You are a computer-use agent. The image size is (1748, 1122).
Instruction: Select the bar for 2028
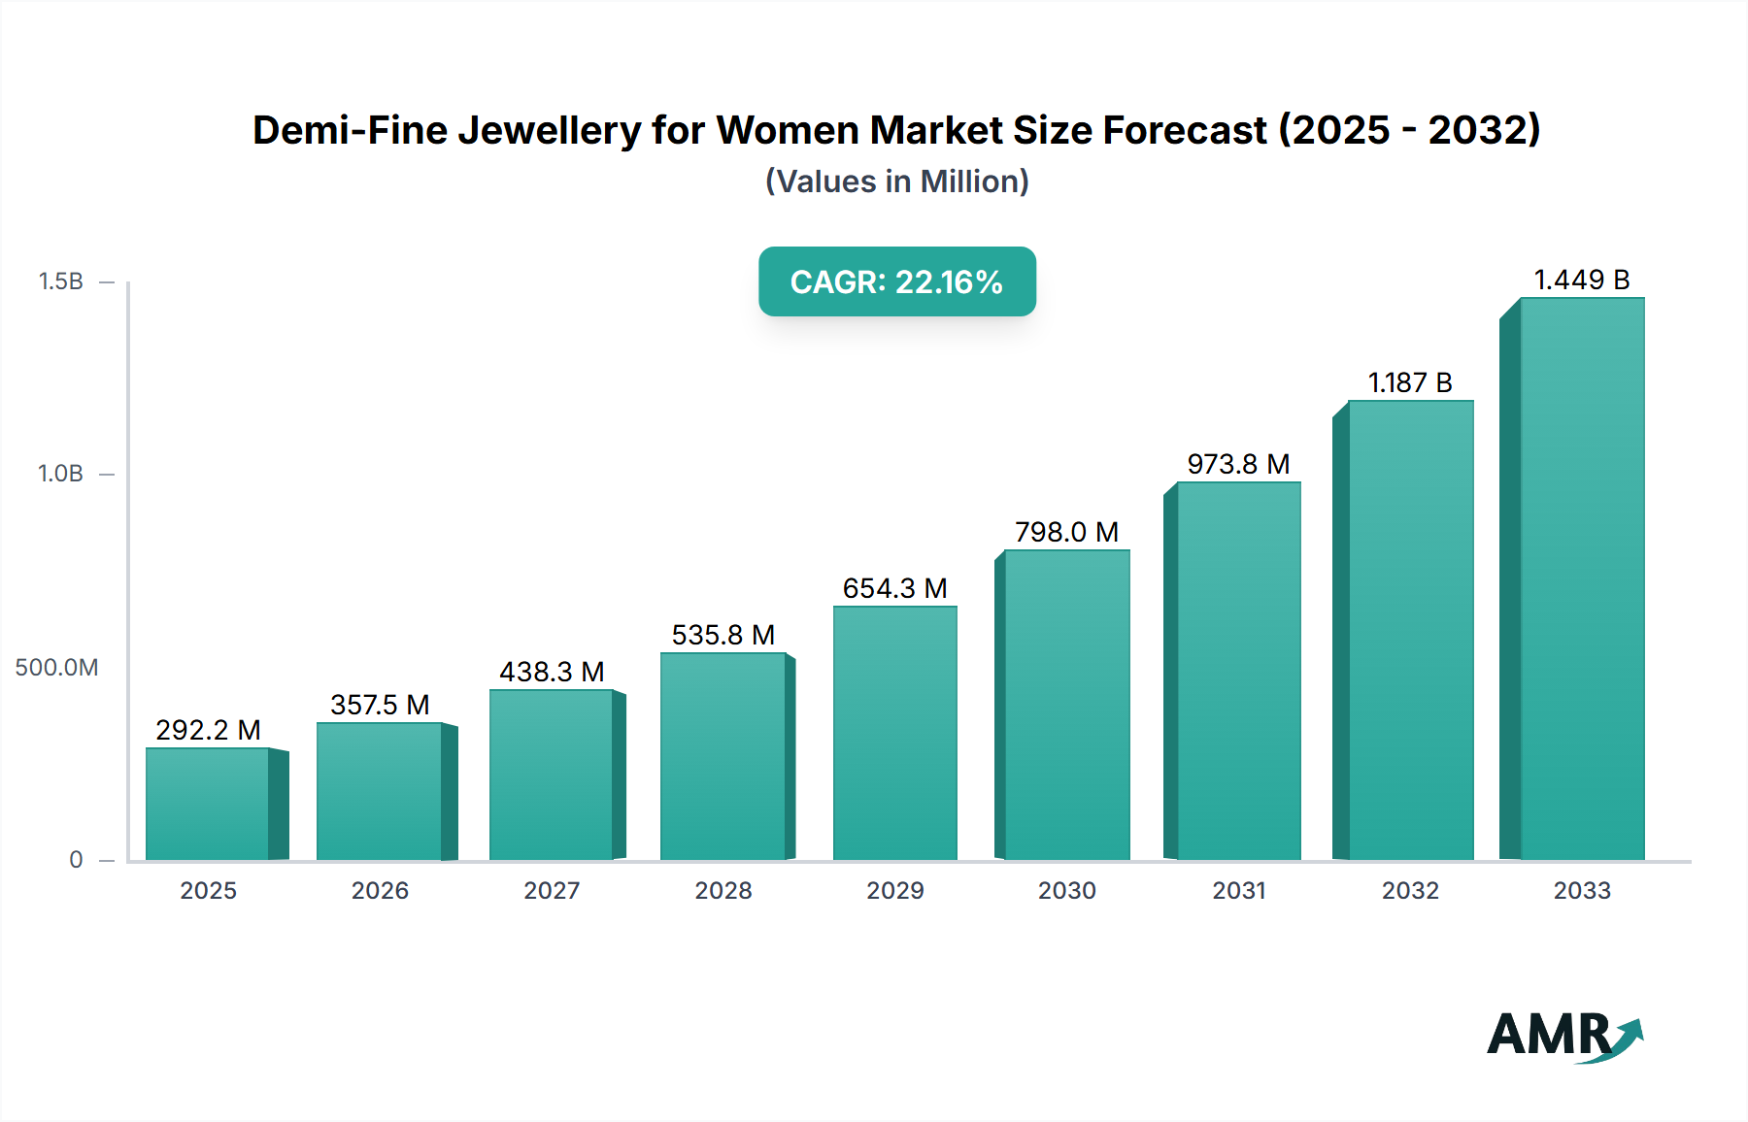pos(723,756)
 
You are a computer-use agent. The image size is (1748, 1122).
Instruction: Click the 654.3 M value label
pos(894,588)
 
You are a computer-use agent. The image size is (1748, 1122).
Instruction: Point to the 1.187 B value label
pos(1410,382)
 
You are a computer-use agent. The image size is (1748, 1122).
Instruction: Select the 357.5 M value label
pos(380,705)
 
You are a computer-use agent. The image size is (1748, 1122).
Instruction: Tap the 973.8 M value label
pos(1238,464)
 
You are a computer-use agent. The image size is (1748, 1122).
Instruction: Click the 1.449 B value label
pos(1581,280)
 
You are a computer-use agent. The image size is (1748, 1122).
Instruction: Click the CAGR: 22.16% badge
pos(896,281)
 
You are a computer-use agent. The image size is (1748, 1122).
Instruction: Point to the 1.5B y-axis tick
pos(61,281)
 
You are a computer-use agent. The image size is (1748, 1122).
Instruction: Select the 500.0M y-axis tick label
pos(56,668)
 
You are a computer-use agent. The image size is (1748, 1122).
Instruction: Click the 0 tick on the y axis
pos(76,860)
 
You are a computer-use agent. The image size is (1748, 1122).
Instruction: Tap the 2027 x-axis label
pos(552,890)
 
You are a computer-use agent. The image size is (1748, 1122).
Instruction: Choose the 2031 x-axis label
pos(1238,890)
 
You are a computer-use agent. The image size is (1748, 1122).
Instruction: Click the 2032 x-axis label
pos(1410,890)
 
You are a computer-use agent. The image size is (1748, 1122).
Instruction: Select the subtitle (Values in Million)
pos(896,181)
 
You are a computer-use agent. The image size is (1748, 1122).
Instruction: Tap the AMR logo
pos(1563,1036)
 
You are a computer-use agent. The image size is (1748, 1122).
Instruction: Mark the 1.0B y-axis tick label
pos(61,474)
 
